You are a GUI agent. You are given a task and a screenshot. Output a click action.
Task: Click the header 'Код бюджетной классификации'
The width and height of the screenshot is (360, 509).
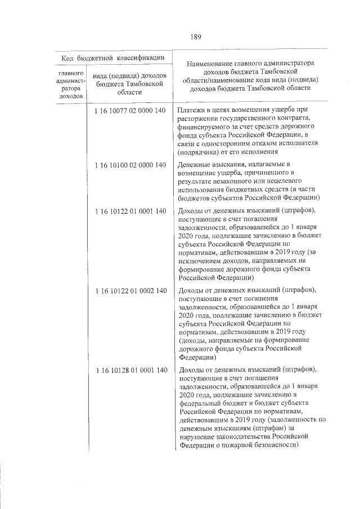pos(113,57)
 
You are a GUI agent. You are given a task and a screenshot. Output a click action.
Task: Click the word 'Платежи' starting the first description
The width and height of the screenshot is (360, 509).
pos(191,110)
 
